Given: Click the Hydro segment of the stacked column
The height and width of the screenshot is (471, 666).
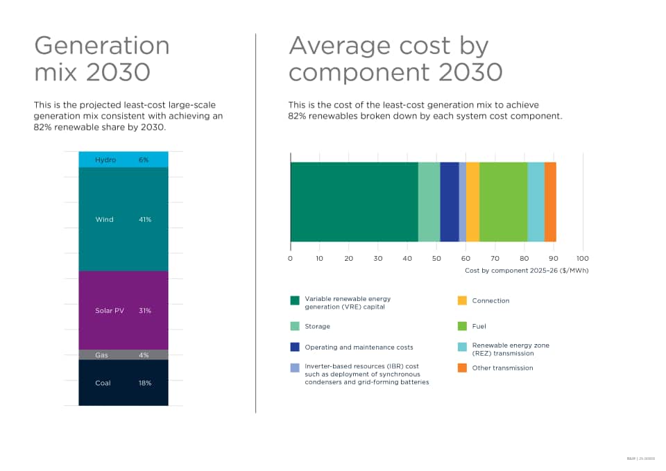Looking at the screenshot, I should tap(123, 160).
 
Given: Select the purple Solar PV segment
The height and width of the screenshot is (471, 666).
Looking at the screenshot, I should tap(123, 310).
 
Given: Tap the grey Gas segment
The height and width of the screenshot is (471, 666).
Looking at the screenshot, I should tap(123, 354).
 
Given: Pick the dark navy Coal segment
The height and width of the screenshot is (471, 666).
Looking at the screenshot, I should tap(123, 382).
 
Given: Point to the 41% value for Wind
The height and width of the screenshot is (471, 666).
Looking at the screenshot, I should tap(144, 219).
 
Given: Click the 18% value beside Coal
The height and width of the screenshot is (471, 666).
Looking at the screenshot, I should tap(144, 383).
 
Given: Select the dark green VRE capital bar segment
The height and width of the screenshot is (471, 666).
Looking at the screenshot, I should tap(354, 202).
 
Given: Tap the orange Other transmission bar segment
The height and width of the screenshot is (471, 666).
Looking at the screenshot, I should tap(550, 202).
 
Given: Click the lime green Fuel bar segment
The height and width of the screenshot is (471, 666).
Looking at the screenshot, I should tap(503, 202).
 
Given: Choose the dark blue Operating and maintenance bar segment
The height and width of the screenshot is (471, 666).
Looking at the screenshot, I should tap(449, 202).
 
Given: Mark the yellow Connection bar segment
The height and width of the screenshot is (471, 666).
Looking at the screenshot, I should tap(472, 202).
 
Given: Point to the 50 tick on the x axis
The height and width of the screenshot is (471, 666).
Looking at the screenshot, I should tap(436, 259).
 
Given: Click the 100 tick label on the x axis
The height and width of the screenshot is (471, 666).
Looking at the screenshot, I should tap(583, 259).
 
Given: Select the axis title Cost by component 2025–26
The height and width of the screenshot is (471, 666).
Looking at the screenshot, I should tap(526, 270).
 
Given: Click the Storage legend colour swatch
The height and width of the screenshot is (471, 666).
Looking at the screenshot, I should tap(295, 326).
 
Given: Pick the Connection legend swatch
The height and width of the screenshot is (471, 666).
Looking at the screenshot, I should tap(462, 301).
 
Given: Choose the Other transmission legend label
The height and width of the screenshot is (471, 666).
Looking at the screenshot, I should tap(502, 368).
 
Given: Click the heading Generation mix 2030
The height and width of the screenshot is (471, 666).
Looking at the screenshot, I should tap(102, 58).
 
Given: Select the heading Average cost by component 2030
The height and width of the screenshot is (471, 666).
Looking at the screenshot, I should tap(395, 58).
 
